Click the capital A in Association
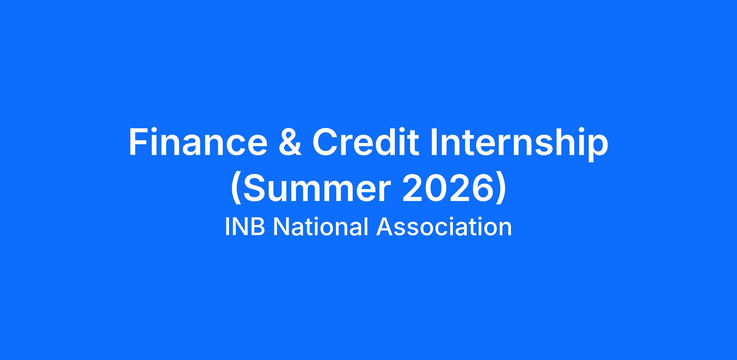385,227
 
